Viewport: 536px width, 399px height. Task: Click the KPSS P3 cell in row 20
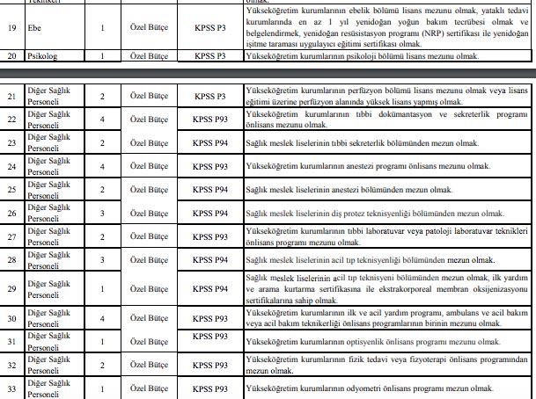[216, 57]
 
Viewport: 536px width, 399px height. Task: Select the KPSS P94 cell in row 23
[216, 142]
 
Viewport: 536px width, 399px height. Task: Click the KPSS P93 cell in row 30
[216, 318]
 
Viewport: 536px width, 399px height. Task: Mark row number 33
[12, 388]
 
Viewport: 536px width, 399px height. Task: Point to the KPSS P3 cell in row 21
[216, 94]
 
